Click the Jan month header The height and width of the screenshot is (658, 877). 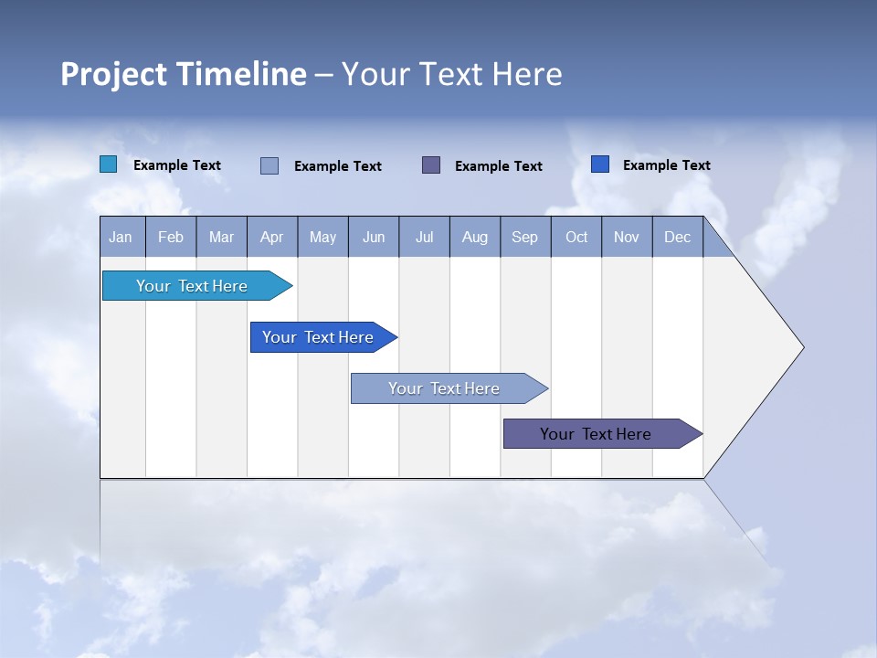pos(122,237)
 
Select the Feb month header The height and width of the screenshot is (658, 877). pos(171,237)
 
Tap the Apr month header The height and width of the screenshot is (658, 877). pos(272,237)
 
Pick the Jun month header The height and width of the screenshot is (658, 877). pos(374,237)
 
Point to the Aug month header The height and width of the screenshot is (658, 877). pos(475,237)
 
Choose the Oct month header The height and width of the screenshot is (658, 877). pos(576,237)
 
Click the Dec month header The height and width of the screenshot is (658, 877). pos(678,237)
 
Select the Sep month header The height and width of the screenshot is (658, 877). pos(525,237)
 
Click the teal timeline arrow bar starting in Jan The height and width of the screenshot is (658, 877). pos(192,286)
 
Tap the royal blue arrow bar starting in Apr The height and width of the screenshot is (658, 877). pos(318,337)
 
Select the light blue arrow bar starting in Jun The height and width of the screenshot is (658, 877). pos(444,388)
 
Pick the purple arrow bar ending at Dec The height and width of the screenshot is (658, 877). pos(596,434)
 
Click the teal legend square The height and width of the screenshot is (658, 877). pos(109,164)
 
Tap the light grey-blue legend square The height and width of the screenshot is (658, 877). pos(269,165)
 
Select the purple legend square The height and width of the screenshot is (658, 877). pos(431,164)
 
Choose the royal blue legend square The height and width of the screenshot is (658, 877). pos(600,164)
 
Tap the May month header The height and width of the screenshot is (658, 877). pos(322,237)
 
